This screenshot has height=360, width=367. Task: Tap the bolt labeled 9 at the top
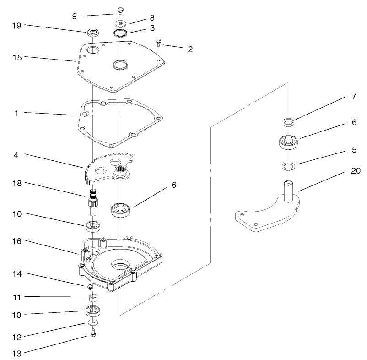click(120, 12)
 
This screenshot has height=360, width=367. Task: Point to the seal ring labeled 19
click(94, 33)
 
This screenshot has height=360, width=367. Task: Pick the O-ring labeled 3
click(120, 33)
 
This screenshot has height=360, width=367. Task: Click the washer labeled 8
click(120, 23)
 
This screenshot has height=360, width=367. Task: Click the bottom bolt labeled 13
click(93, 334)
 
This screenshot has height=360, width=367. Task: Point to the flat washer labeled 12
click(93, 323)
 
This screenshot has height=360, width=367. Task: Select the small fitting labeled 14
click(90, 286)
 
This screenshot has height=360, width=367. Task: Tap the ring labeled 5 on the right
click(287, 165)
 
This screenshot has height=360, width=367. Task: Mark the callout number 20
click(355, 171)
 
